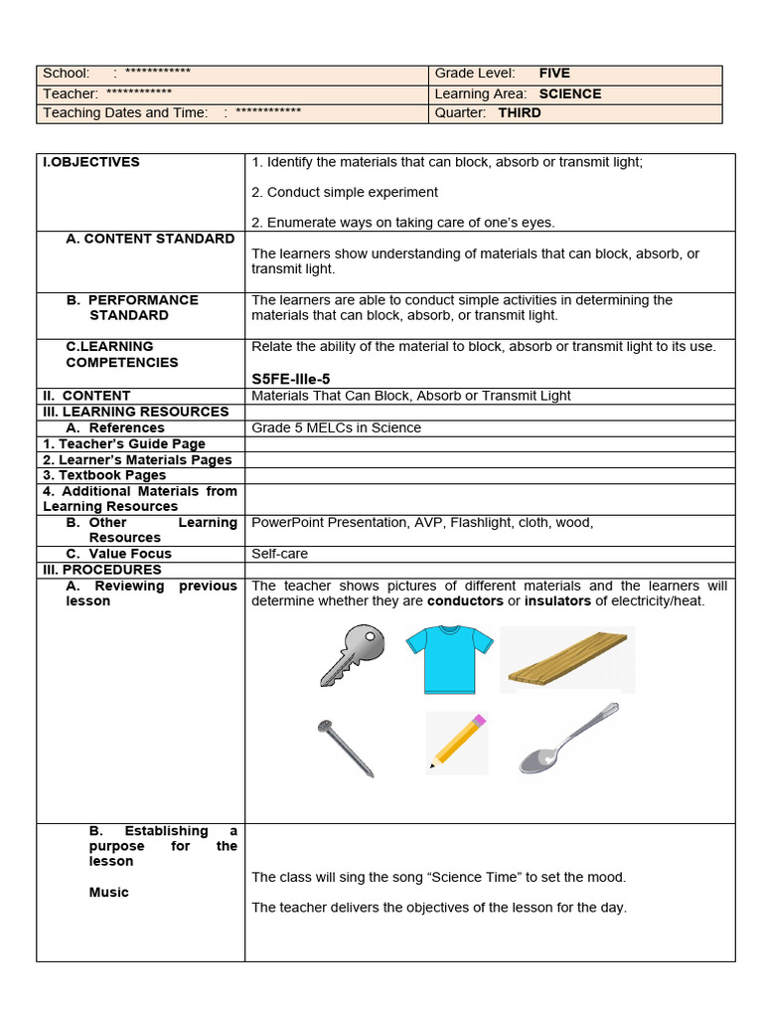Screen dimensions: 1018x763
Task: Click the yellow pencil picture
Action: [x=457, y=742]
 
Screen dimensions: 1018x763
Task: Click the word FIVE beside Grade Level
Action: [x=554, y=74]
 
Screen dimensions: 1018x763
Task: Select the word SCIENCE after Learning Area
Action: [x=570, y=93]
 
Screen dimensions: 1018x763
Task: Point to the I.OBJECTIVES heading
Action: [x=91, y=162]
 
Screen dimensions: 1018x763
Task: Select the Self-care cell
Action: [x=279, y=554]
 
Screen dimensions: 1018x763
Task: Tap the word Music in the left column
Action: [x=108, y=893]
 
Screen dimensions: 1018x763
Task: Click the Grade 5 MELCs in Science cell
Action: [x=337, y=427]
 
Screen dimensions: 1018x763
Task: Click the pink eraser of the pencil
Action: [x=479, y=720]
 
